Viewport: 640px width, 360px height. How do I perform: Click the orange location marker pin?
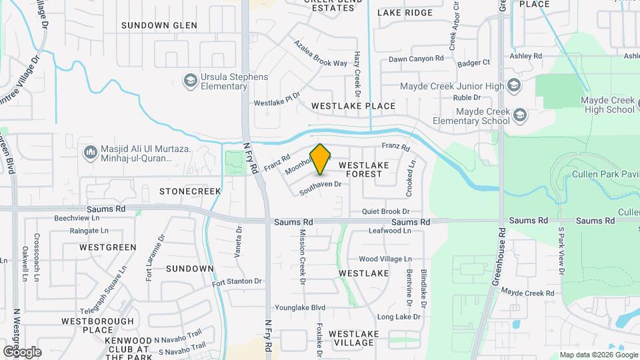(x=321, y=159)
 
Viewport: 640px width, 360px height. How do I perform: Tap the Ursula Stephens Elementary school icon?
(x=191, y=81)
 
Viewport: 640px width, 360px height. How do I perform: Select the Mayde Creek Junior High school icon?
(x=514, y=85)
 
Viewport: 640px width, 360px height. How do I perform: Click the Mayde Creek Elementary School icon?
(x=520, y=116)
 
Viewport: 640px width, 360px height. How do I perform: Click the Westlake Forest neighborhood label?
(x=360, y=169)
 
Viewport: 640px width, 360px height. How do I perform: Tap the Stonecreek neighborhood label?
(x=190, y=191)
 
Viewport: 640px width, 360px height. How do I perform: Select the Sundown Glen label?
(x=159, y=25)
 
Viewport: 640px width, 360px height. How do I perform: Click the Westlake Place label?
(x=353, y=106)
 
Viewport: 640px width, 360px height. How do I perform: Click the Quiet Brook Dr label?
(x=385, y=211)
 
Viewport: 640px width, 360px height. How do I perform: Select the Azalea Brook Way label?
(x=321, y=53)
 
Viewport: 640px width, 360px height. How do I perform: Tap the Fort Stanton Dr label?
(x=237, y=282)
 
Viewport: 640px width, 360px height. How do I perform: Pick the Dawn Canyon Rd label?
(x=416, y=59)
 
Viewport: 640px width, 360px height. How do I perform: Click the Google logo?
(x=22, y=351)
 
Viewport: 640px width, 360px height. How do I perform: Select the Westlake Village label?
(x=353, y=338)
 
